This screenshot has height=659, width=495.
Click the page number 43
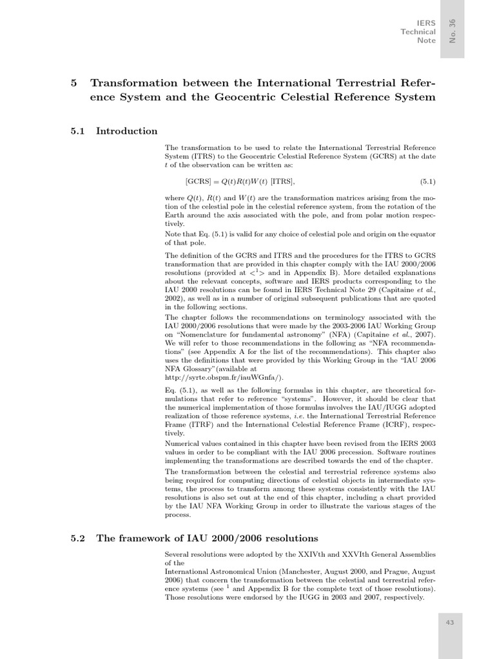pos(451,623)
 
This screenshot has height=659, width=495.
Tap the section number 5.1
pos(78,131)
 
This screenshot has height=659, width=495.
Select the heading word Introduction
pos(126,131)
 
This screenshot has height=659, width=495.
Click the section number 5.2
pos(78,538)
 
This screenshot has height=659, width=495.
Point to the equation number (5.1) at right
pos(428,181)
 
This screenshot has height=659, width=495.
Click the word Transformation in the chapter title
pos(132,84)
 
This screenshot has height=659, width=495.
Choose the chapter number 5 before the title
pos(73,84)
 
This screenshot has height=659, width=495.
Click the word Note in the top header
pos(427,41)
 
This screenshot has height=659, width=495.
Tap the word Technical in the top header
pos(418,32)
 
